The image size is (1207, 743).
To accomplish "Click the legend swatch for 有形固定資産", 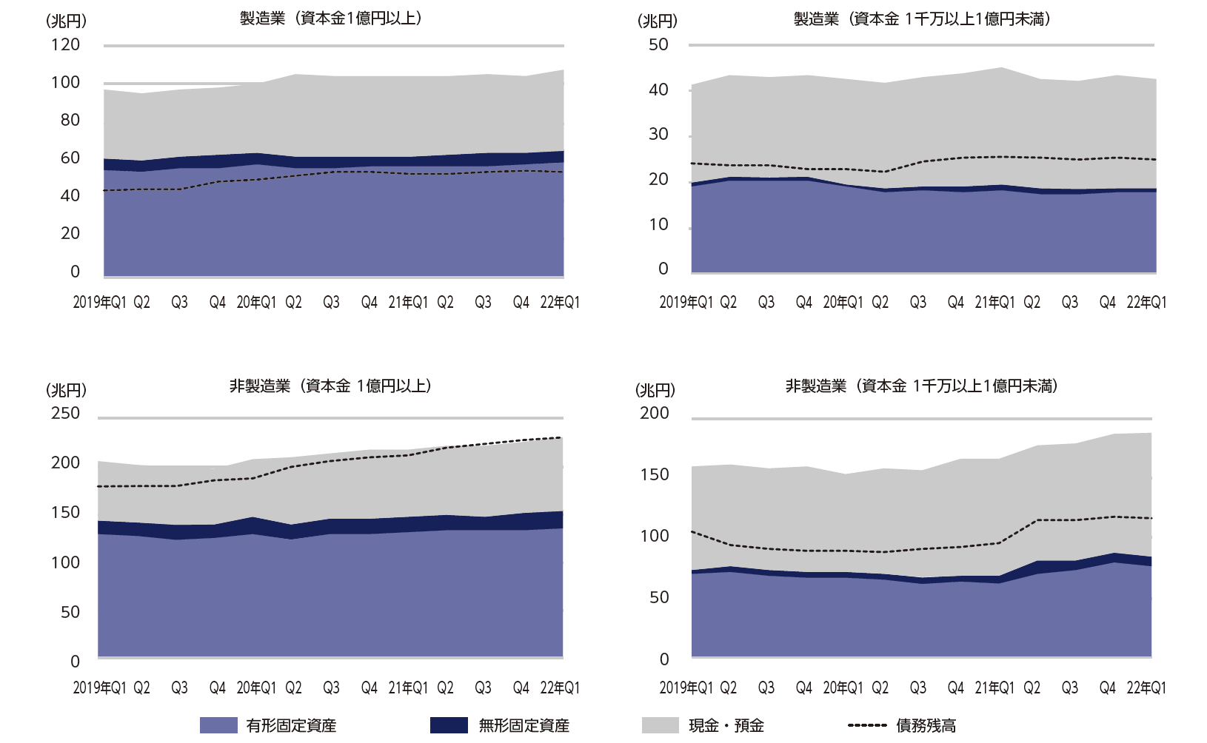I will (218, 725).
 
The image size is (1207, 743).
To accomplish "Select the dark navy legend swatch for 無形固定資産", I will (449, 725).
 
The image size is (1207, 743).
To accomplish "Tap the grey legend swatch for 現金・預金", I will (660, 725).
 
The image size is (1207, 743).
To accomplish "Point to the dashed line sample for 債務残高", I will (867, 725).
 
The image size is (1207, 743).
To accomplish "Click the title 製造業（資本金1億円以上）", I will (331, 19).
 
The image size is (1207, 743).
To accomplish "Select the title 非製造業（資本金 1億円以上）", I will (331, 386).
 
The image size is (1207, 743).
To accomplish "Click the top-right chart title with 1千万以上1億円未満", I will (922, 19).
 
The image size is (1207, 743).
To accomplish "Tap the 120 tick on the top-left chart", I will (65, 44).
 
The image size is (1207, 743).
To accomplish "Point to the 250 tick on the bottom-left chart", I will (65, 413).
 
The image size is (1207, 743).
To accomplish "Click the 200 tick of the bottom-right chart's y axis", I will (654, 413).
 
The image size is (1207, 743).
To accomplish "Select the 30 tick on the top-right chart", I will (658, 135).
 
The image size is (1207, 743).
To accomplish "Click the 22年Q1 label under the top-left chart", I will (561, 302).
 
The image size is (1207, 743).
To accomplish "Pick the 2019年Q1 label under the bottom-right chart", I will (686, 687).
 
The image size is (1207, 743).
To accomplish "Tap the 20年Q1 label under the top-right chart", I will (843, 302).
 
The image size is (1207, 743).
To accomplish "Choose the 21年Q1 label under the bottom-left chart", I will (408, 687).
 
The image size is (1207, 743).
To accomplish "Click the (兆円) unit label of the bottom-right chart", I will (655, 390).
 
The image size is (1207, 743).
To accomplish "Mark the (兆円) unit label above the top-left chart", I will (67, 21).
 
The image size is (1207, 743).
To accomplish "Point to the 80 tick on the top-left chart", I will (70, 120).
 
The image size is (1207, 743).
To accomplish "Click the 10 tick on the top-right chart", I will (658, 224).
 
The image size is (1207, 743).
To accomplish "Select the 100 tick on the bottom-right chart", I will (654, 536).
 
